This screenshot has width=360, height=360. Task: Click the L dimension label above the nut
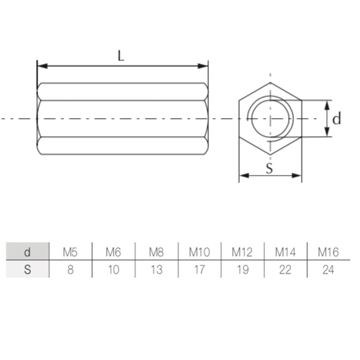[x=121, y=56]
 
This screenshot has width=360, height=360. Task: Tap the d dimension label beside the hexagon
[x=336, y=118]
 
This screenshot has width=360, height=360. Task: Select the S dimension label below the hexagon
[x=269, y=168]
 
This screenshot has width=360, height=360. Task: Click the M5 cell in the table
[x=71, y=252]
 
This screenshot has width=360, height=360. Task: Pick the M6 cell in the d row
[x=114, y=252]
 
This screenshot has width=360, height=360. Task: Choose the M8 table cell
[x=156, y=252]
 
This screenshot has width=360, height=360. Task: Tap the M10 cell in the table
[x=199, y=252]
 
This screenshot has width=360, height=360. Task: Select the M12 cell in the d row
[x=242, y=252]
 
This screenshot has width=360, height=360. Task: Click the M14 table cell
[x=285, y=252]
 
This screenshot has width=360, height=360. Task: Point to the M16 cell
[x=328, y=252]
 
